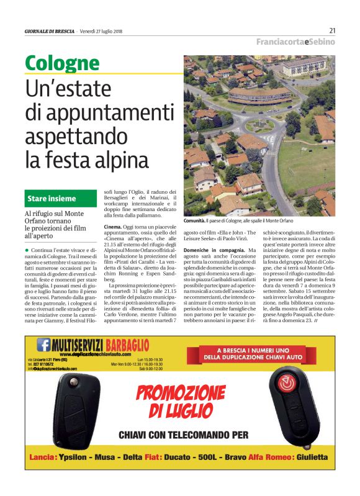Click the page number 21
tap(332, 30)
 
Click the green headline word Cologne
tap(62, 63)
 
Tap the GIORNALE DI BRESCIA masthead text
tap(50, 31)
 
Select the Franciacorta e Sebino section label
tap(296, 42)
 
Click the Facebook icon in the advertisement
tap(44, 344)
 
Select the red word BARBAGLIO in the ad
tap(128, 345)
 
